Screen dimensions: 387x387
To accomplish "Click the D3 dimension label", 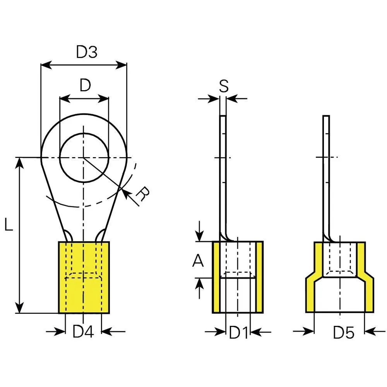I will coord(86,52).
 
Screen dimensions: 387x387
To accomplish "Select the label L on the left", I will coord(9,225).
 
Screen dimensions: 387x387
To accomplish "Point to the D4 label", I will coord(83,332).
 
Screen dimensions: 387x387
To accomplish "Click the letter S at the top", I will coord(223,86).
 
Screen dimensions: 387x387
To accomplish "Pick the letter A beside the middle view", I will coord(198,262).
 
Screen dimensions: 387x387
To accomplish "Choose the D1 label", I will coord(238,332).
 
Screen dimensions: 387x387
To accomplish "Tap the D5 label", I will coord(344,332).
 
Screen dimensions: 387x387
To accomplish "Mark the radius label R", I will coord(143,194).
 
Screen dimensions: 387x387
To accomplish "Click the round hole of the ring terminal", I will coord(84,158).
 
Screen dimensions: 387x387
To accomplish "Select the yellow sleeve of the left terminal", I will coord(84,294).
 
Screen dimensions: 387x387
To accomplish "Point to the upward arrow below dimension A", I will coord(199,284).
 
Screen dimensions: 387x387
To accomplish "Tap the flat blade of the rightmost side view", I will coord(326,174).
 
